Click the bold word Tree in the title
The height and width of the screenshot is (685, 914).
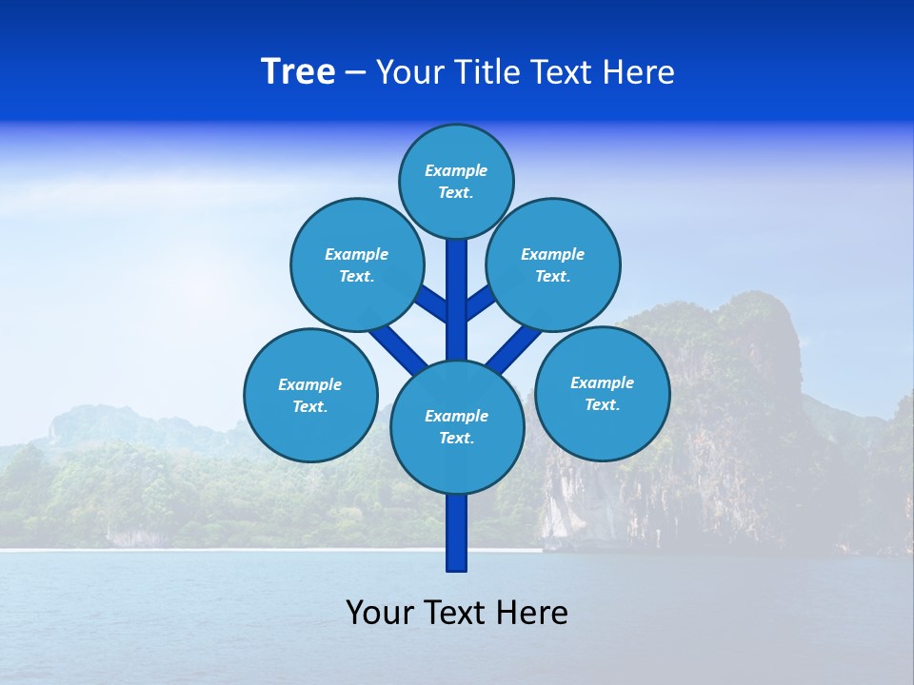pos(298,72)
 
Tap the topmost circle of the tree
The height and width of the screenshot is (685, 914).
pos(456,181)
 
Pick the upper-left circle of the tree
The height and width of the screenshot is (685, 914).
pos(356,264)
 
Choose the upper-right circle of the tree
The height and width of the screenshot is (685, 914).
pos(553,264)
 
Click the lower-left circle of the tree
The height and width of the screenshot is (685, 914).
pos(310,395)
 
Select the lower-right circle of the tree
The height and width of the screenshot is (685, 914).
pos(603,393)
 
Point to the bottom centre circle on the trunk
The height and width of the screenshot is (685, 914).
pos(457,426)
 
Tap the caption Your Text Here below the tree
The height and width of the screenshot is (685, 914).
pos(457,612)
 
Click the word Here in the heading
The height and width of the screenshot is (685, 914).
pos(641,72)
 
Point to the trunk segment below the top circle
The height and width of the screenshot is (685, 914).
pos(457,285)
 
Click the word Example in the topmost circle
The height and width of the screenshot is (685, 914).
pos(456,170)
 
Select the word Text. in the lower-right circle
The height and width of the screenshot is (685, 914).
pos(602,404)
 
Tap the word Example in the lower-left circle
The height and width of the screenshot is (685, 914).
pos(309,384)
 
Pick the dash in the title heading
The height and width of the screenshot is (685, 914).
pos(355,72)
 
